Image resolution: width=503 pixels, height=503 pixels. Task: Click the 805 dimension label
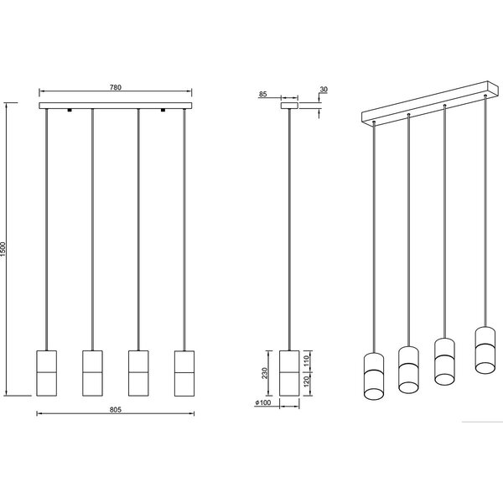pos(116,409)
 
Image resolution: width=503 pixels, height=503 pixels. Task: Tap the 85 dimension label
pos(263,94)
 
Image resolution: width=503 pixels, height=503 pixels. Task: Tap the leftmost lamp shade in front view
pos(48,371)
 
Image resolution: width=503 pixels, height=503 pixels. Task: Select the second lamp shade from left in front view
pos(93,371)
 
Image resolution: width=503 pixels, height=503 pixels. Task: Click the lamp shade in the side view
pos(289,371)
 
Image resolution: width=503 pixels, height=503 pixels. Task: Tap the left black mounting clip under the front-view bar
pos(70,111)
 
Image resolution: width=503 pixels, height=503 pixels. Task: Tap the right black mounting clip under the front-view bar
pos(163,111)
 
